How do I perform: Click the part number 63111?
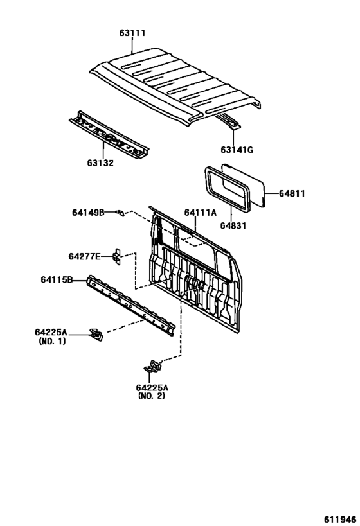click(x=132, y=33)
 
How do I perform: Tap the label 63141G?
click(x=237, y=150)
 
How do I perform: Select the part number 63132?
click(x=100, y=163)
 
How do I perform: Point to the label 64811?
click(x=292, y=193)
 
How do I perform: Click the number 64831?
click(x=233, y=226)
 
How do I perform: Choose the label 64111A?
click(x=201, y=213)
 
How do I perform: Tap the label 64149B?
click(x=88, y=213)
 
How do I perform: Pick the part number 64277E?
click(x=85, y=257)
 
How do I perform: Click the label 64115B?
click(x=57, y=279)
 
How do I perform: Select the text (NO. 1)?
click(x=52, y=341)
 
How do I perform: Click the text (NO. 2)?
click(x=152, y=396)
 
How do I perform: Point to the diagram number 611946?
click(x=340, y=520)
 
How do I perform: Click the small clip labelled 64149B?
click(x=120, y=213)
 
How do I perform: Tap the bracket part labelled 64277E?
click(x=116, y=257)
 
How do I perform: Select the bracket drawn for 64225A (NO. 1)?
click(x=96, y=335)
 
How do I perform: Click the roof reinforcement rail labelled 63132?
click(x=109, y=134)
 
